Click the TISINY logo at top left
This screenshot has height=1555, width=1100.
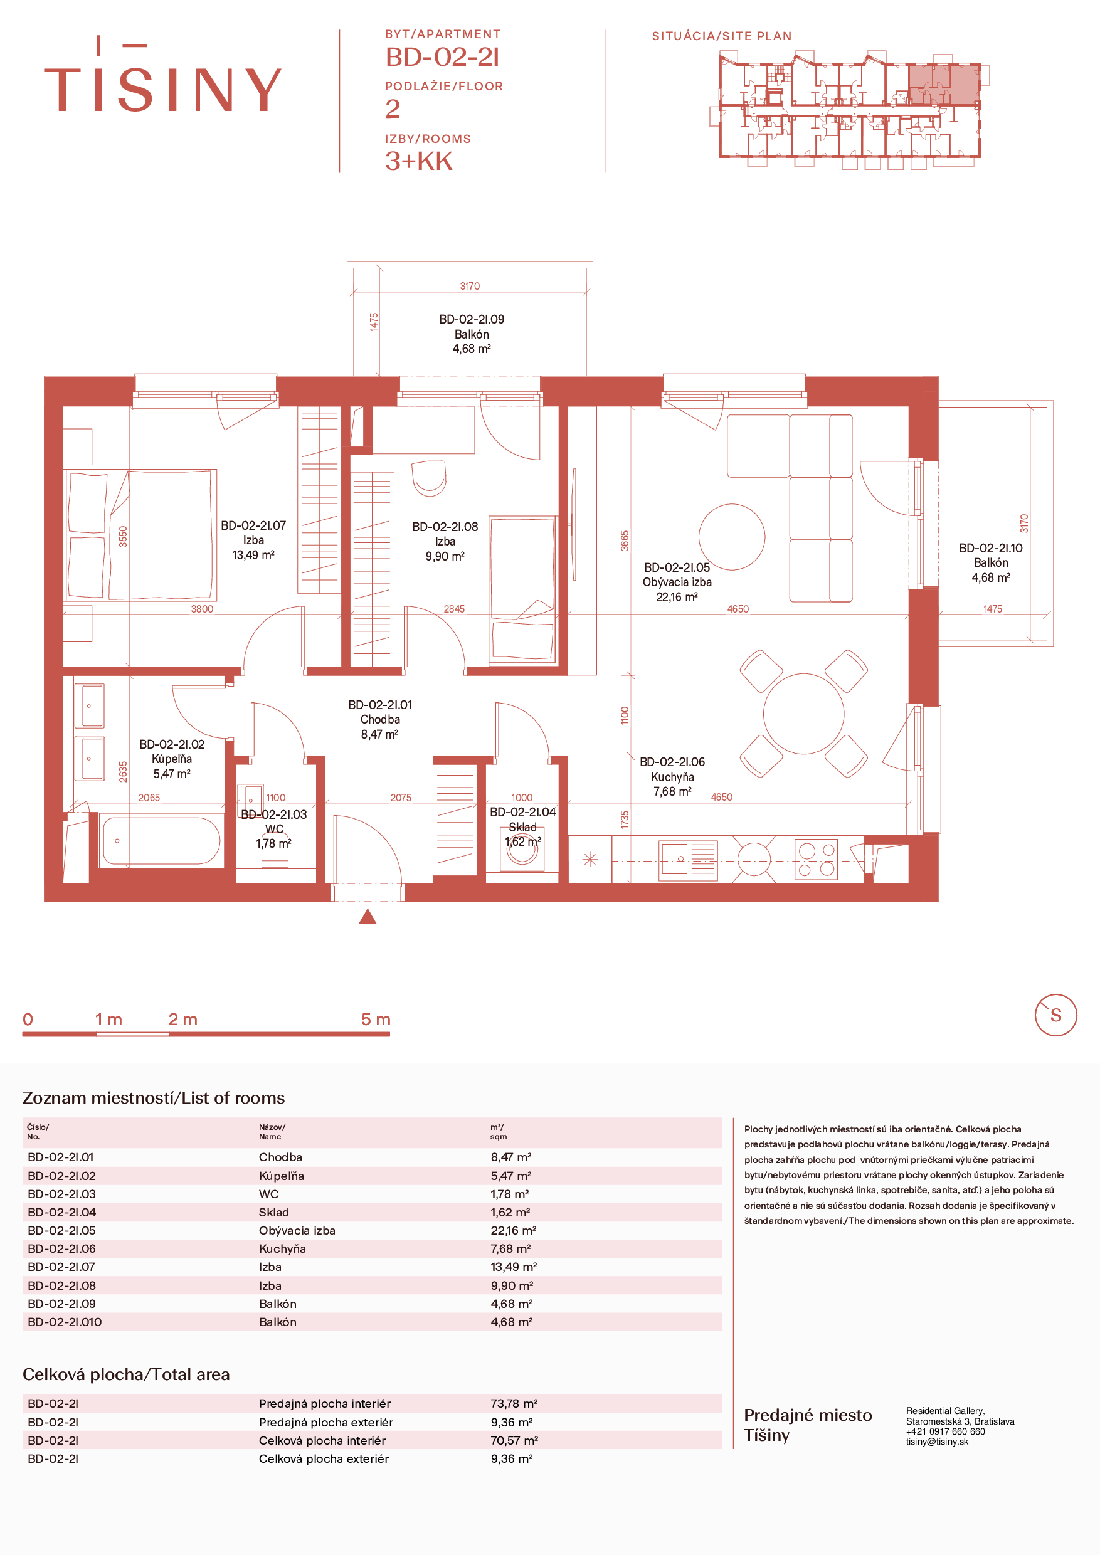(162, 75)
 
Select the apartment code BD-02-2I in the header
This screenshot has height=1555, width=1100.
(442, 58)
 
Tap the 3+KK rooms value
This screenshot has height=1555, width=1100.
(418, 161)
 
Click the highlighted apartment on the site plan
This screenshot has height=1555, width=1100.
(944, 84)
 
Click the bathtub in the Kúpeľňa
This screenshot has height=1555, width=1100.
(161, 840)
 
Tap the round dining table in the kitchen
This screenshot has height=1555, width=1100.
(803, 713)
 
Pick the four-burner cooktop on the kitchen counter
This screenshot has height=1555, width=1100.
(815, 860)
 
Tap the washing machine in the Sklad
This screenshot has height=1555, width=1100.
(522, 853)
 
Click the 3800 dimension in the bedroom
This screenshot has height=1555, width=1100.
(202, 609)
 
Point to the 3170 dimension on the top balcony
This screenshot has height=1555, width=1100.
(469, 286)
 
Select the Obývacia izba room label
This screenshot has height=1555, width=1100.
(677, 582)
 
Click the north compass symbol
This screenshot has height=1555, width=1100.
(1055, 1015)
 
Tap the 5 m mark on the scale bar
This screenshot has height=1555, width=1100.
(375, 1020)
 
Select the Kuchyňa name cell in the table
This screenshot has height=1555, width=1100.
(282, 1248)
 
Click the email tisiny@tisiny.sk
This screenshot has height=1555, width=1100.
(938, 1442)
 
